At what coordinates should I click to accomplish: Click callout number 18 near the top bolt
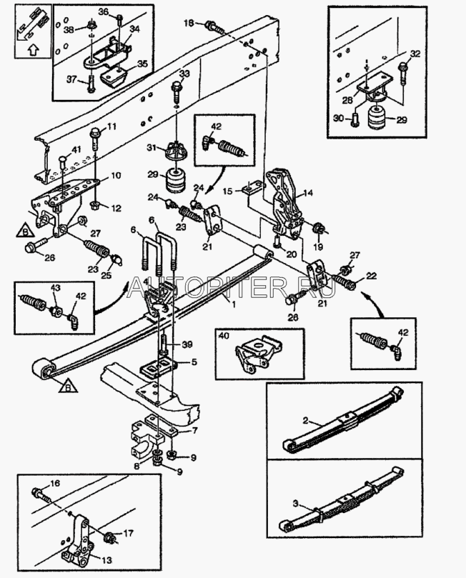189,24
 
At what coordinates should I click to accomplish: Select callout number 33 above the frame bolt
185,74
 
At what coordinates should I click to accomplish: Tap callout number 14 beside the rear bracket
309,192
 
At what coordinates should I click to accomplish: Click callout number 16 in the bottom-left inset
56,483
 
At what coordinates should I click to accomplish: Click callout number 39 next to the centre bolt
187,344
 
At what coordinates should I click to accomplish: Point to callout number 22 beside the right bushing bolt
371,276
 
